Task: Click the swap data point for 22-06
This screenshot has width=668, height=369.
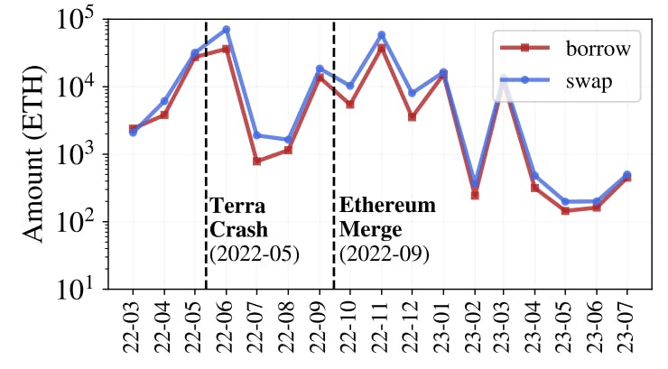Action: [226, 30]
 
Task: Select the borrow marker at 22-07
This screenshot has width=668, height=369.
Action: [256, 161]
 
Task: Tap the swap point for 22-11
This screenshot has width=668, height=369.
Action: [381, 35]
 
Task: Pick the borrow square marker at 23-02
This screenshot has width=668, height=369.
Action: [474, 195]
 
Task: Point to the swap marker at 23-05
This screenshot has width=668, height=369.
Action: [565, 202]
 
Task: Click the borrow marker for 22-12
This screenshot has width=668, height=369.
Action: [412, 117]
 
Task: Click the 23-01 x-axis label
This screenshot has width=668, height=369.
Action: [443, 327]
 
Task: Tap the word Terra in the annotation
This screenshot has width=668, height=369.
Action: [236, 206]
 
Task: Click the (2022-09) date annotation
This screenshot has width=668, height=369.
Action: [384, 254]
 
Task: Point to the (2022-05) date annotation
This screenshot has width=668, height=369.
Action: [255, 254]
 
